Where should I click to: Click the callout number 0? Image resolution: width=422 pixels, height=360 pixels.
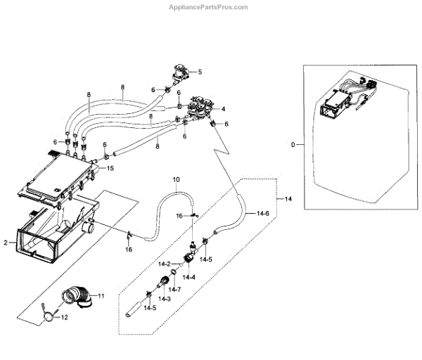pos(293,146)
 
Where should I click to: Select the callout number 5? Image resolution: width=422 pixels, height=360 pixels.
pos(199,72)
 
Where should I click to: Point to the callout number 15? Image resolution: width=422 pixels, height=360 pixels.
pos(110,168)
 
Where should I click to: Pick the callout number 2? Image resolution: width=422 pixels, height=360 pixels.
pos(6,243)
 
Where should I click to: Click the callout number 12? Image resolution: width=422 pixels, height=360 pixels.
pos(65,318)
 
